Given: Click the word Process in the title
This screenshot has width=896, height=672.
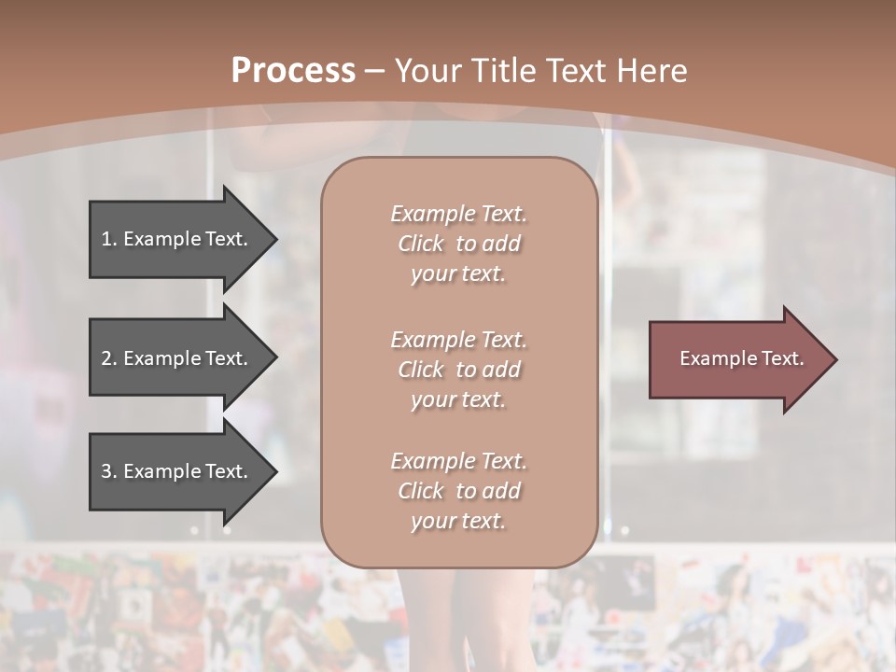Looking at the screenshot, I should coord(293,71).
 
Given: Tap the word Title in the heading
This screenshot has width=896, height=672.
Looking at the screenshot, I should coord(504,71).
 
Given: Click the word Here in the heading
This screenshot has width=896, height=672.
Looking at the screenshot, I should coord(652,71).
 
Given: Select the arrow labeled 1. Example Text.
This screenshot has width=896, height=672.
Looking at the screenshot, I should coord(177,239).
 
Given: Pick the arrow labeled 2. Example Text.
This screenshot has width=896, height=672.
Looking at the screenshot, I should coord(177,358).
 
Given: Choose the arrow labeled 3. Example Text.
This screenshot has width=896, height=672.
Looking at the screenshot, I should coord(177,471).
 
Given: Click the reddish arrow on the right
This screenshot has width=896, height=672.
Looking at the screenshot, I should coord(737,359).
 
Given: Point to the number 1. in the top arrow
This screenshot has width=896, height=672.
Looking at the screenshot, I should coord(109,239).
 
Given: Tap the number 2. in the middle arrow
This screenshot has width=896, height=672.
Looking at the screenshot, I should coord(109,358).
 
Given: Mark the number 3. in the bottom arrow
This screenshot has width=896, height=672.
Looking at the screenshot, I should coord(109,471).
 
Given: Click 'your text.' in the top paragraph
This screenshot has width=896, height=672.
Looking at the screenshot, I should coord(458,274).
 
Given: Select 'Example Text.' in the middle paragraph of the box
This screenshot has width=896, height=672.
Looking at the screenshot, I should coord(458,340).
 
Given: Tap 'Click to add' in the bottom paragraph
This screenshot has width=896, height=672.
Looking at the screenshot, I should coord(458,491).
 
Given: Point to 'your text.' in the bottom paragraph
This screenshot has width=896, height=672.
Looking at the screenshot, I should coord(458,522).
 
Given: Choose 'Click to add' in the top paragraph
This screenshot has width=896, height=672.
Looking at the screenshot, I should coord(458,245).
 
